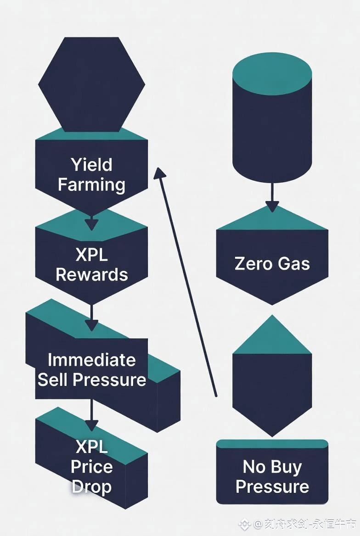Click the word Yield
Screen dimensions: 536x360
click(x=91, y=165)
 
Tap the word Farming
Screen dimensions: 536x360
click(x=91, y=185)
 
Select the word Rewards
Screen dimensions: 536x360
click(x=91, y=274)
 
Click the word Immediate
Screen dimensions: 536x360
click(x=91, y=360)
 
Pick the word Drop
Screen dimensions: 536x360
click(x=91, y=486)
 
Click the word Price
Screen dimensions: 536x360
click(x=91, y=467)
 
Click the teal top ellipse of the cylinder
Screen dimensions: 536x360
click(x=272, y=73)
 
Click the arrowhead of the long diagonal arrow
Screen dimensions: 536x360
click(x=159, y=173)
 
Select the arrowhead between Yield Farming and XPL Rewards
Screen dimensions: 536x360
click(x=91, y=224)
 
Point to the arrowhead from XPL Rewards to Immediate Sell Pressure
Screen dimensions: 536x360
click(x=91, y=324)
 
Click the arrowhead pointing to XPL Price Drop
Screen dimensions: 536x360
click(x=91, y=424)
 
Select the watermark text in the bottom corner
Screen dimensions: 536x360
click(x=298, y=524)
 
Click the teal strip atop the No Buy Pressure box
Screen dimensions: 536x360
click(x=272, y=444)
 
